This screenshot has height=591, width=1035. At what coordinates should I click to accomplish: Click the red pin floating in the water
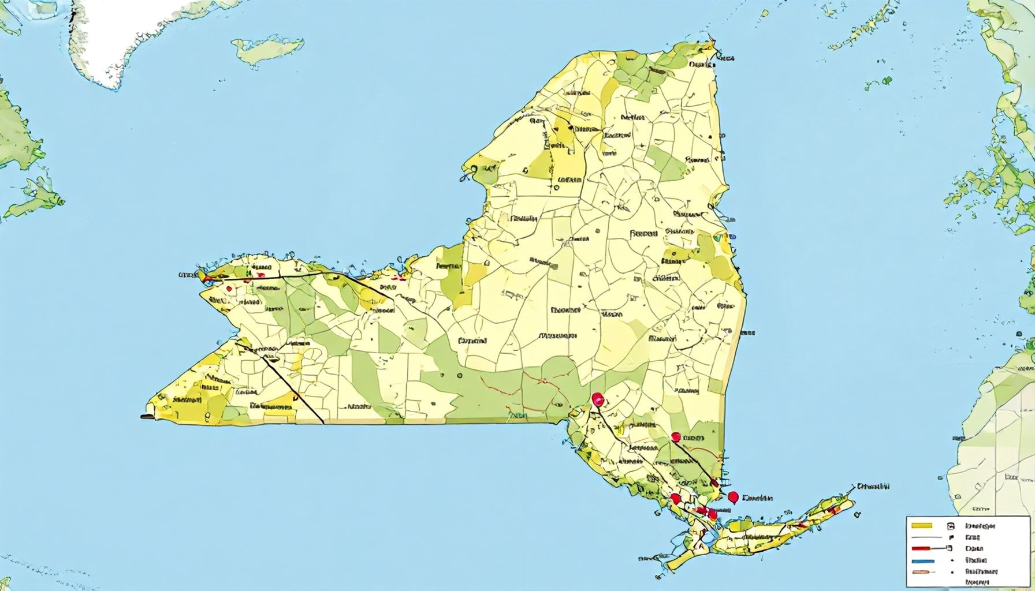[x=734, y=496]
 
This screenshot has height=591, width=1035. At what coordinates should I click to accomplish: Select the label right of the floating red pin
[x=758, y=498]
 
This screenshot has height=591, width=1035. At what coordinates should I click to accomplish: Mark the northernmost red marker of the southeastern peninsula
[x=598, y=398]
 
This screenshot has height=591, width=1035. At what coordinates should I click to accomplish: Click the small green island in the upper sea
[x=268, y=49]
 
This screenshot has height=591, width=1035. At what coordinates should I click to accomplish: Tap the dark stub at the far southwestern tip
[x=148, y=416]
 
